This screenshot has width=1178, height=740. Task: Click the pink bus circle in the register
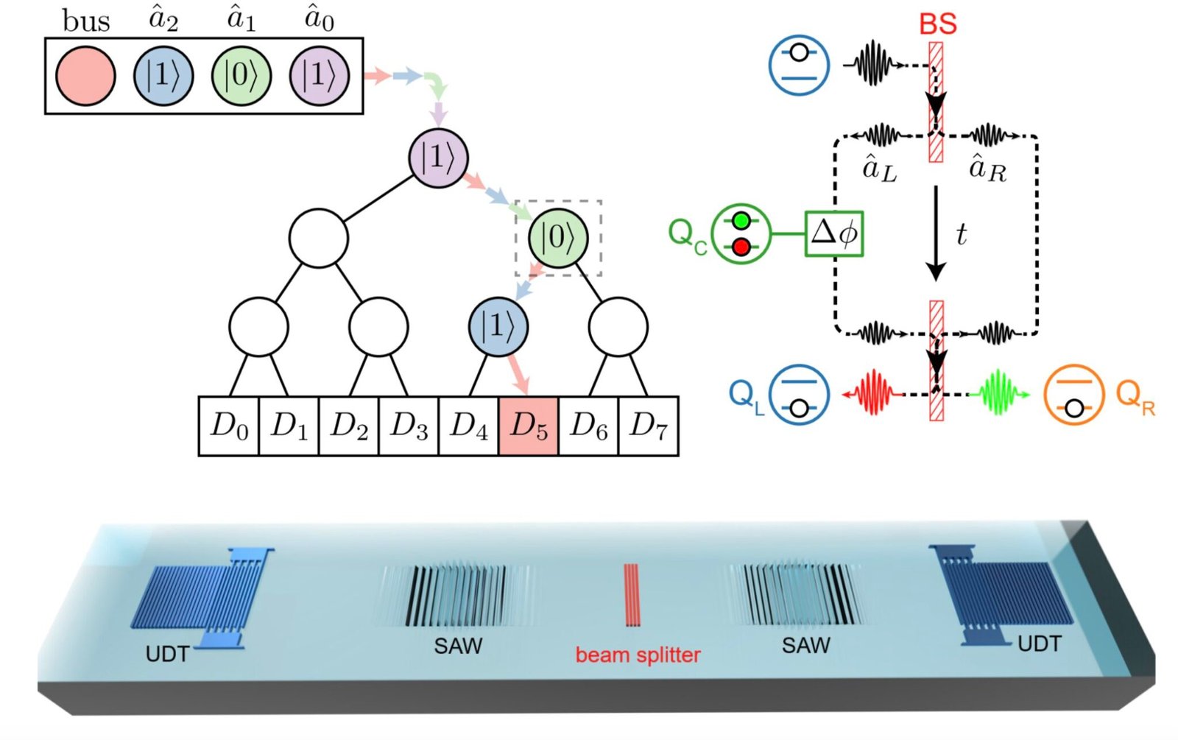(85, 76)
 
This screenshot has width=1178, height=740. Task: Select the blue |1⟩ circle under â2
(163, 76)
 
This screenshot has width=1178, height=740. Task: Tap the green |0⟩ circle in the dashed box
(558, 237)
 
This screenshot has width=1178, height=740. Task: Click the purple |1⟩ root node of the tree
(438, 158)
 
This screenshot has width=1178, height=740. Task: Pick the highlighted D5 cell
(528, 426)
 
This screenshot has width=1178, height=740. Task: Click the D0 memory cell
(229, 426)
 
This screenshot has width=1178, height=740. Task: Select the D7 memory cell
(648, 426)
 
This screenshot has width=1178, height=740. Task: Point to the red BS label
(937, 24)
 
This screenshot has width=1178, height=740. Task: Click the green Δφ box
(833, 234)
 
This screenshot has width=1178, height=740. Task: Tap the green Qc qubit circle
(741, 233)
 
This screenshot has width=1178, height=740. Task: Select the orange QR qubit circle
(1073, 394)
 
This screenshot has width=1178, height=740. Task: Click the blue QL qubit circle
(799, 394)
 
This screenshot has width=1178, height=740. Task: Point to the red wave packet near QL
(873, 394)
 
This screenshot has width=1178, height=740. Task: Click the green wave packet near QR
(999, 394)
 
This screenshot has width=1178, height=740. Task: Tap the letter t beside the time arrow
(961, 235)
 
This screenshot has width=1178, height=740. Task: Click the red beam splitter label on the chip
(638, 655)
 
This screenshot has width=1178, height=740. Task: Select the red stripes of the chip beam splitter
(632, 595)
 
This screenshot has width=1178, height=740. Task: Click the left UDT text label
(167, 654)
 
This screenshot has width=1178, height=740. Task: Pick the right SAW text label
(805, 646)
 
